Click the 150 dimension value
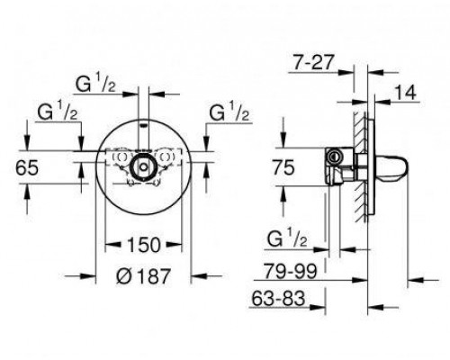coord(144,245)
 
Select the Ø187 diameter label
coord(143,275)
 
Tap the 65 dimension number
coord(27,167)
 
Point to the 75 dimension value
coord(283,167)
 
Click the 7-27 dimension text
coord(313,63)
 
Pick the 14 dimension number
coord(405,93)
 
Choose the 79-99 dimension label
coord(290,271)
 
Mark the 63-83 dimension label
coord(278,299)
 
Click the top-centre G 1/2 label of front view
coord(95,84)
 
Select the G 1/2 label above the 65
coord(58,112)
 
